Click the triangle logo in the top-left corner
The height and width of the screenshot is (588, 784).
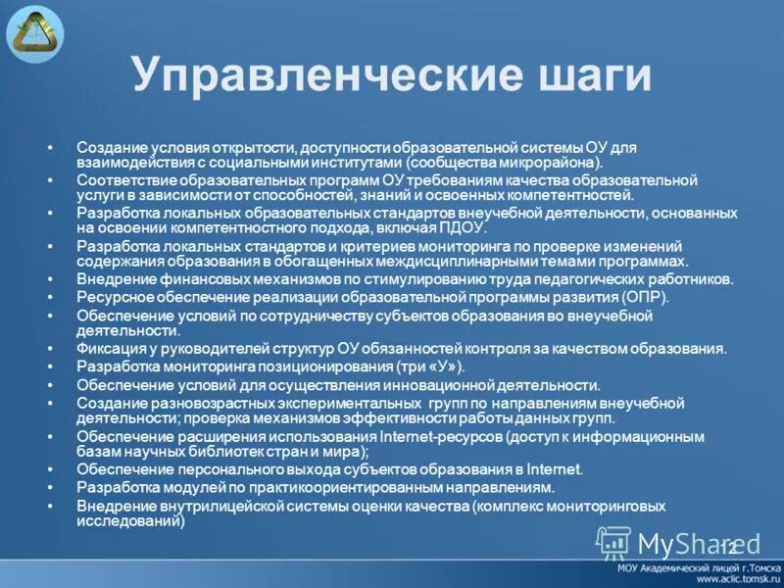(34, 32)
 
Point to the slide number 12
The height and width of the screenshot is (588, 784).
(727, 546)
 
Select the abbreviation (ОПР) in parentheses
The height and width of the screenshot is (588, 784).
(644, 296)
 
